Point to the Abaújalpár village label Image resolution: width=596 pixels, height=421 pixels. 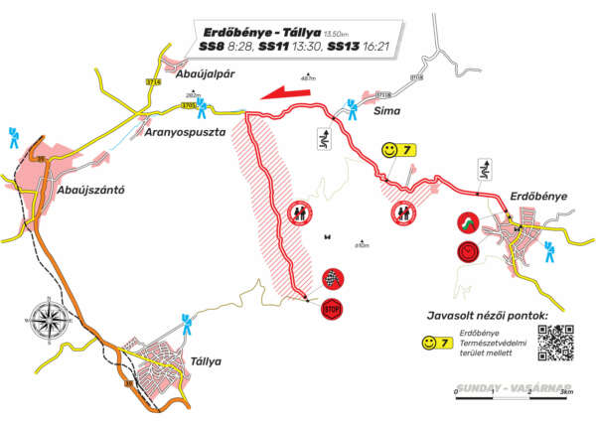[204, 73]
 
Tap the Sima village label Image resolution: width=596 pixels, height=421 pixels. [385, 112]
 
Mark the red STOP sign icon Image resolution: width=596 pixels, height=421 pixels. [332, 311]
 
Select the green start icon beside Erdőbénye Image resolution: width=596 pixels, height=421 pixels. [467, 223]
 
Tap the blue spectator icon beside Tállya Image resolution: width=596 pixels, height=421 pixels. [186, 321]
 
